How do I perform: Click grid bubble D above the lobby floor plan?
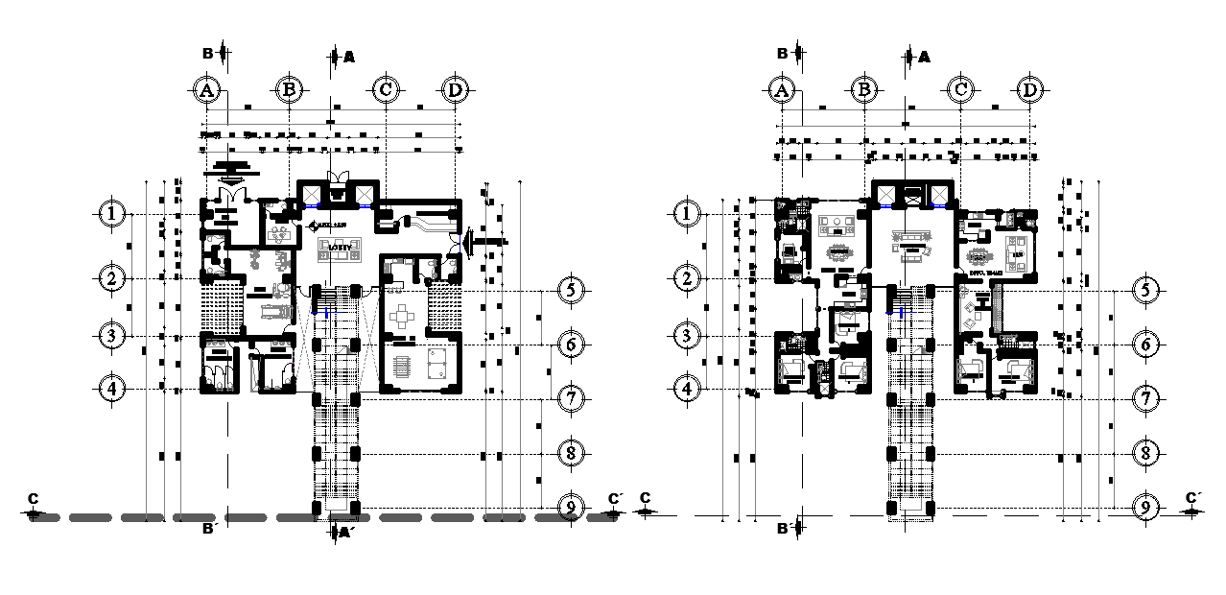[x=455, y=90]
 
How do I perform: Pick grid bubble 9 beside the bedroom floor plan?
[x=1143, y=507]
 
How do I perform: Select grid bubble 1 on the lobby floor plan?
[x=114, y=213]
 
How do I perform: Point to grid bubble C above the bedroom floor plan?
[x=960, y=90]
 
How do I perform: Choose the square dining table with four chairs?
[x=405, y=316]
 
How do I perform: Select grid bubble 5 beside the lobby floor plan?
[x=570, y=290]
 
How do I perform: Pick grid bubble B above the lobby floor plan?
[x=290, y=90]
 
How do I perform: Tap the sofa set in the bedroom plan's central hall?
[x=909, y=244]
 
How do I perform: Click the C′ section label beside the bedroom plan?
[x=1192, y=498]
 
